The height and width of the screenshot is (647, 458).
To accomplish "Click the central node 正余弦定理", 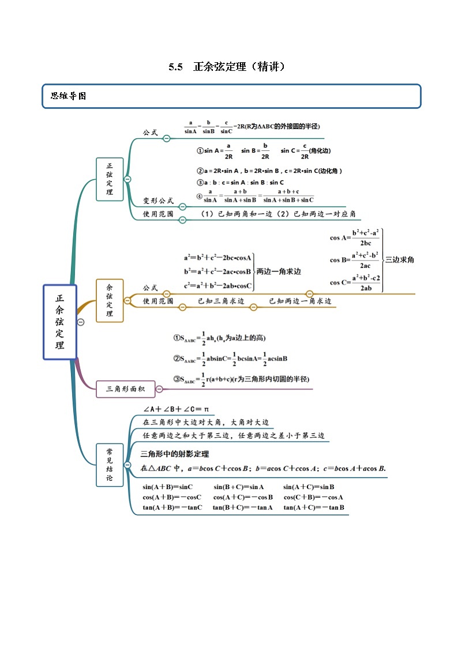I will (x=60, y=322).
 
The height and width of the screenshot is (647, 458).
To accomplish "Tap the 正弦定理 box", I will (x=110, y=179).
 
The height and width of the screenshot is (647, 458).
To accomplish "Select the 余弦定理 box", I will (x=110, y=300).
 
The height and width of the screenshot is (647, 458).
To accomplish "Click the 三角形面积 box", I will (x=125, y=389).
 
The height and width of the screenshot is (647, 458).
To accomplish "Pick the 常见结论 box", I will (x=110, y=465).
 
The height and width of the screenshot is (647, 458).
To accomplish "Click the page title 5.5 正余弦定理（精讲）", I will (x=227, y=67).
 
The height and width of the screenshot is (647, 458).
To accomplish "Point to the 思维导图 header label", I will (x=69, y=96).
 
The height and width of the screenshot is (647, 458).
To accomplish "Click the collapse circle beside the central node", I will (x=81, y=322).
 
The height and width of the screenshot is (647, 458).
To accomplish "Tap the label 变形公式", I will (x=158, y=201).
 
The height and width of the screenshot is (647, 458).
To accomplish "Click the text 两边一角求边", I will (x=279, y=271).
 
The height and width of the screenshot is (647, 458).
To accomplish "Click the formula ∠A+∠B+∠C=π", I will (x=175, y=410).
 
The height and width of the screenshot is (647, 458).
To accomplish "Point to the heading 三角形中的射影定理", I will (x=175, y=454).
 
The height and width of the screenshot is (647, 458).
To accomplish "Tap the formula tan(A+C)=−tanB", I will (x=314, y=508).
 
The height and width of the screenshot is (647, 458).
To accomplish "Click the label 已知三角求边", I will (x=221, y=301).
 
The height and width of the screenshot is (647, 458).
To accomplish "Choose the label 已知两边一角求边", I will (x=300, y=301).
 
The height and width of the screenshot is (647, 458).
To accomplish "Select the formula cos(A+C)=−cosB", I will (x=243, y=497).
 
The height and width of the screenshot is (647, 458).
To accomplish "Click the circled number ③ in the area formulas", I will (x=178, y=379).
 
